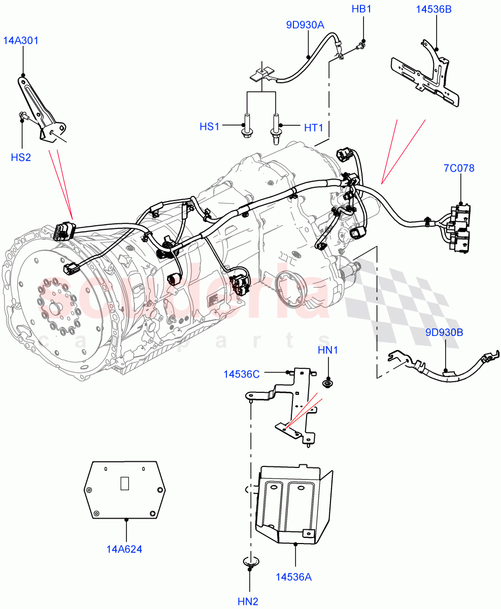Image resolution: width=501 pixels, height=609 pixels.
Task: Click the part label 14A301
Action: pyautogui.click(x=22, y=41)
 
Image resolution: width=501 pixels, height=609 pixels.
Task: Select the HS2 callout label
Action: pyautogui.click(x=21, y=157)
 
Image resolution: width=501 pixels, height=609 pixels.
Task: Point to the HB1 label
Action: pyautogui.click(x=362, y=9)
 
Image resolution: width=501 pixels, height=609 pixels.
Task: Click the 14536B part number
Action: pyautogui.click(x=434, y=9)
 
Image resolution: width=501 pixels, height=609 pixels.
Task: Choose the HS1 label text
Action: pyautogui.click(x=209, y=127)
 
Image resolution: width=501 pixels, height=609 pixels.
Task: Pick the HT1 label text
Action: pyautogui.click(x=314, y=128)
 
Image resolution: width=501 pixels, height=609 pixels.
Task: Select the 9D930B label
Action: pyautogui.click(x=444, y=332)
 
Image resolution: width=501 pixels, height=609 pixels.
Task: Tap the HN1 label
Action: pyautogui.click(x=327, y=350)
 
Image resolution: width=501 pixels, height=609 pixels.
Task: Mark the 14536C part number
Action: pyautogui.click(x=242, y=374)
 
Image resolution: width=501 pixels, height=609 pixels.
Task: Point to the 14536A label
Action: pyautogui.click(x=294, y=577)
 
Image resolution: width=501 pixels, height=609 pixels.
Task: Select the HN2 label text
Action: pyautogui.click(x=248, y=601)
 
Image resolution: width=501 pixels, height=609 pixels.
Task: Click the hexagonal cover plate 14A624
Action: pyautogui.click(x=125, y=490)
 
